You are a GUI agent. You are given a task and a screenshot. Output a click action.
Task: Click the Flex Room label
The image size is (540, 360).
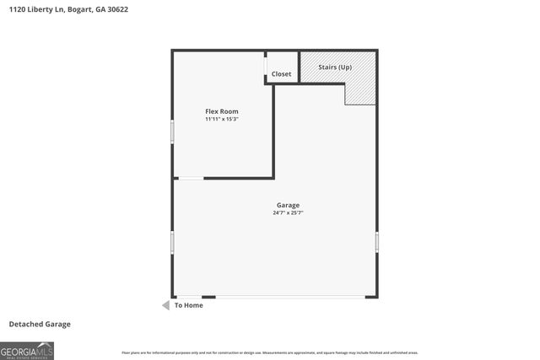coord(222,111)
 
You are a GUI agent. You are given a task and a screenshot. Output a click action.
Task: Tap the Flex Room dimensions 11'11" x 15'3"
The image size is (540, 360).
coord(222,120)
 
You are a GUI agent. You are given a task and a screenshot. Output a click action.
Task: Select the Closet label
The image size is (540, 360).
coord(281,74)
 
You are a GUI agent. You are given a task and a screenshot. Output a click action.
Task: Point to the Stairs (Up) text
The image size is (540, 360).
coord(335,67)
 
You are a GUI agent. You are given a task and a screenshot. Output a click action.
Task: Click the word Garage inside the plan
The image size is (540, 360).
coord(288,205)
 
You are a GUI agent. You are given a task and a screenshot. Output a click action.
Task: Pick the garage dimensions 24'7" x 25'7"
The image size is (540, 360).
coord(288,213)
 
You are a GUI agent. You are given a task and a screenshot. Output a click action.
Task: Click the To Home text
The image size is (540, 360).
coord(188,305)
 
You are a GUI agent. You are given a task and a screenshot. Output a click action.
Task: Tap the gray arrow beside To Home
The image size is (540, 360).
coord(166,305)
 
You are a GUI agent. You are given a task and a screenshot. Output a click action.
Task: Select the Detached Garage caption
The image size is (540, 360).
coord(40,324)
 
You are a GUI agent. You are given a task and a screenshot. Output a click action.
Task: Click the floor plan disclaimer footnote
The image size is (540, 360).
coord(269,352)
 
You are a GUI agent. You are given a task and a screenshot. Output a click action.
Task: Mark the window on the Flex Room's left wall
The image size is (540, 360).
coord(172,131)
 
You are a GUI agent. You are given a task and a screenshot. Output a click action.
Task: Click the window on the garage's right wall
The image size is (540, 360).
coord(376,241)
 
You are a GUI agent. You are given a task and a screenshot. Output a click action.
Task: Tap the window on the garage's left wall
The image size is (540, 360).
coord(172,243)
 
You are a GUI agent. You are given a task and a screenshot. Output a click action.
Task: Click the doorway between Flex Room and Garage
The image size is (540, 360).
coord(190,178)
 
